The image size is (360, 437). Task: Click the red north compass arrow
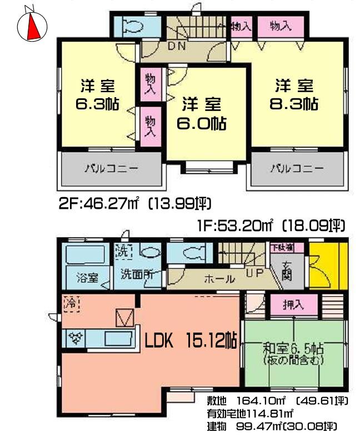(x=33, y=25)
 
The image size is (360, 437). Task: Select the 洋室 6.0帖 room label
(x=201, y=114)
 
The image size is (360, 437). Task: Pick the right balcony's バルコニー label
(x=297, y=168)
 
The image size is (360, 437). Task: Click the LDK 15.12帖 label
(x=191, y=340)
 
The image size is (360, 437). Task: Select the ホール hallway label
(x=219, y=279)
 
